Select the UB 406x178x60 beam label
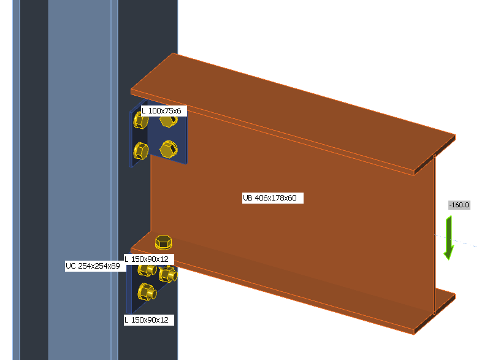click(x=273, y=197)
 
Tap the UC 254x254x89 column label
click(x=93, y=266)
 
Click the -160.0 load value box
click(x=459, y=205)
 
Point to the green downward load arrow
click(x=449, y=238)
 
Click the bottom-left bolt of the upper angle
click(x=140, y=150)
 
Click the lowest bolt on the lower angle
click(x=146, y=292)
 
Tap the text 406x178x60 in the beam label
click(x=280, y=197)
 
